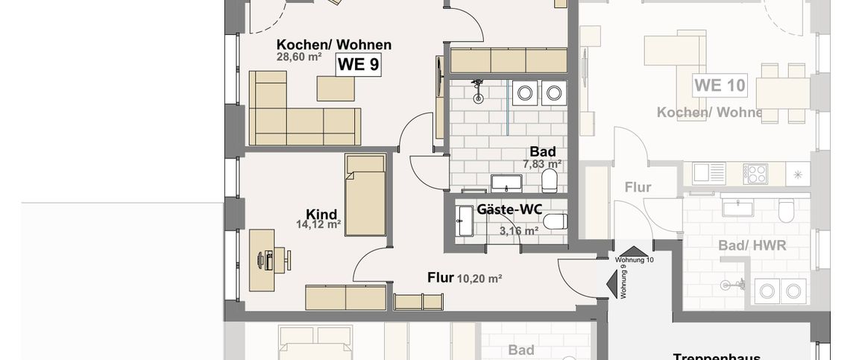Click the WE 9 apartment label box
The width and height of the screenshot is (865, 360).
pyautogui.click(x=359, y=64)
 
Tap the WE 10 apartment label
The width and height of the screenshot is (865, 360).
pyautogui.click(x=720, y=85)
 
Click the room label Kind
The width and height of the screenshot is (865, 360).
pyautogui.click(x=321, y=213)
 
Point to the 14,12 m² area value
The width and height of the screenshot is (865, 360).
pyautogui.click(x=318, y=224)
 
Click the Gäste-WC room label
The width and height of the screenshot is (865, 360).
pyautogui.click(x=509, y=209)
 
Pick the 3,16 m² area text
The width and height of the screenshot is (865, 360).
pyautogui.click(x=519, y=231)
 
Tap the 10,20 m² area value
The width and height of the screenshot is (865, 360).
pyautogui.click(x=479, y=278)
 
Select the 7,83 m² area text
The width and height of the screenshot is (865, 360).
pyautogui.click(x=542, y=164)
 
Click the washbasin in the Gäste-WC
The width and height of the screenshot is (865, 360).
pyautogui.click(x=465, y=221)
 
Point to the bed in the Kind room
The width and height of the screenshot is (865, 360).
pyautogui.click(x=365, y=195)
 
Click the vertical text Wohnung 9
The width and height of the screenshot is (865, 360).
pyautogui.click(x=624, y=284)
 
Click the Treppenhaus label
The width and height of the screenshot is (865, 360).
pyautogui.click(x=708, y=357)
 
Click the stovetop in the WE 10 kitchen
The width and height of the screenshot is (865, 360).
pyautogui.click(x=756, y=173)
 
